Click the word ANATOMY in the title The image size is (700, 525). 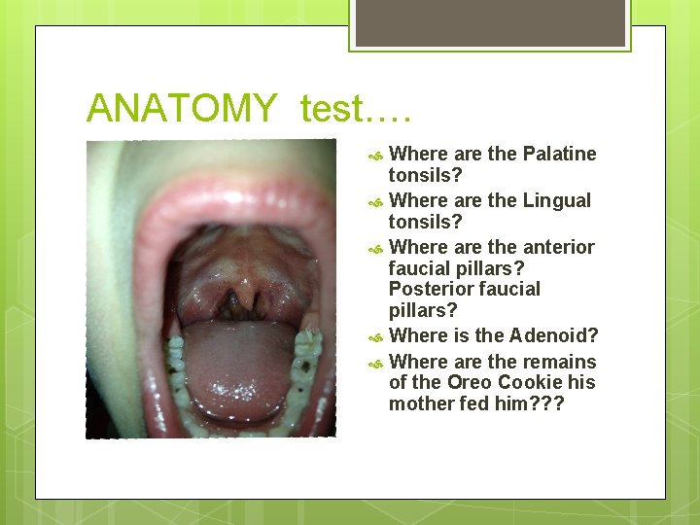click(x=181, y=108)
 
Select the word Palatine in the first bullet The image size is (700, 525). click(x=559, y=154)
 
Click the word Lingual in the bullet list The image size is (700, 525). click(x=556, y=200)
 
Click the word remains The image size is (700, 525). click(x=559, y=362)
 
